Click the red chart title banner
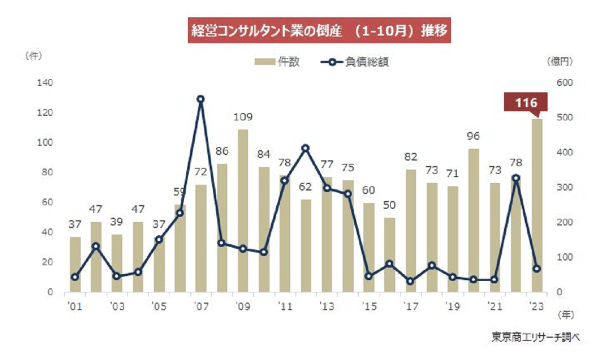click(x=318, y=31)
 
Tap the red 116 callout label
click(x=526, y=103)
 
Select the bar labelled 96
click(x=474, y=220)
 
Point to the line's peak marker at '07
click(x=200, y=99)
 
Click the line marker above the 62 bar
click(x=306, y=148)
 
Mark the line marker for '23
click(x=537, y=269)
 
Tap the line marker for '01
click(x=75, y=277)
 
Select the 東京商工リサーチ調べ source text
click(x=535, y=337)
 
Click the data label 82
click(x=411, y=158)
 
